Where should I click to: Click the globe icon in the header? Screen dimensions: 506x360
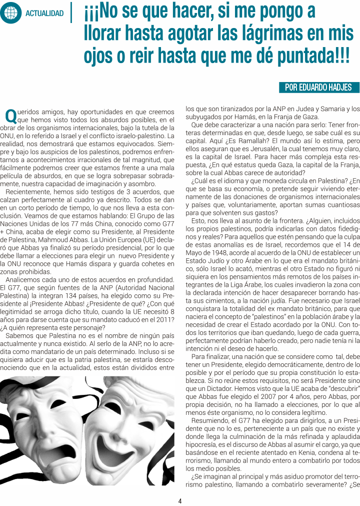point(10,13)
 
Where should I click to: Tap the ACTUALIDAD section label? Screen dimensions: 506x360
point(45,14)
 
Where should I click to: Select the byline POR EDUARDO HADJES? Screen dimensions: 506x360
point(318,88)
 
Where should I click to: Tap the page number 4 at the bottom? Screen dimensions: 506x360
point(180,500)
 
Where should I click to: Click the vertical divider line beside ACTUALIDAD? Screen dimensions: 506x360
point(73,13)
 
